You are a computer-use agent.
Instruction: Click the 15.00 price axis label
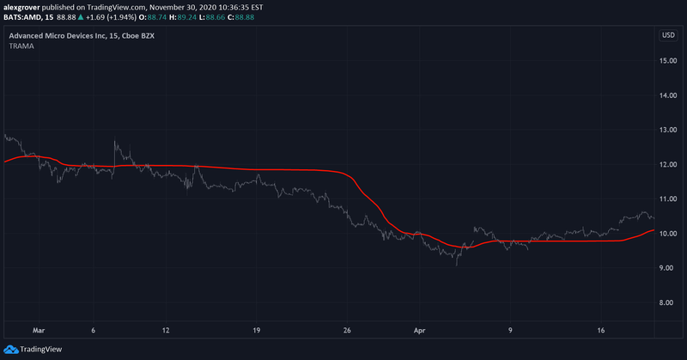(668, 61)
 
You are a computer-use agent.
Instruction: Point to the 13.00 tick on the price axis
(668, 130)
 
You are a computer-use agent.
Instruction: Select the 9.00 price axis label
(668, 268)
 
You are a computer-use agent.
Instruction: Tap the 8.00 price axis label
(668, 302)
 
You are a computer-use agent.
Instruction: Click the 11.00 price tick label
(668, 199)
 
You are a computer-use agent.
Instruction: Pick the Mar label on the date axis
(37, 329)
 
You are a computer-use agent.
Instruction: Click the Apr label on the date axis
(419, 329)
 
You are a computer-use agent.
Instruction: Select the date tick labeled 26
(347, 329)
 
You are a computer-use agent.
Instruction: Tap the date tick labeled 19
(256, 329)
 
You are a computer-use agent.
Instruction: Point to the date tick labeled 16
(601, 329)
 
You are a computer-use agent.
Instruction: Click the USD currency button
(667, 35)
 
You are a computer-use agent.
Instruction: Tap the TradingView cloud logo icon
(12, 349)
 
